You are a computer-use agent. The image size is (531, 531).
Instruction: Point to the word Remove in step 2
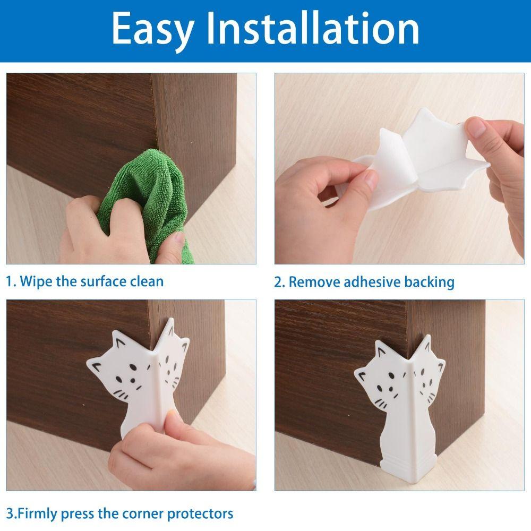tap(315, 282)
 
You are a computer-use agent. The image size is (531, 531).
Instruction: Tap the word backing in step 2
tap(429, 282)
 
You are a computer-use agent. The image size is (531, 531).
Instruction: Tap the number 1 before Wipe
tap(10, 281)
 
